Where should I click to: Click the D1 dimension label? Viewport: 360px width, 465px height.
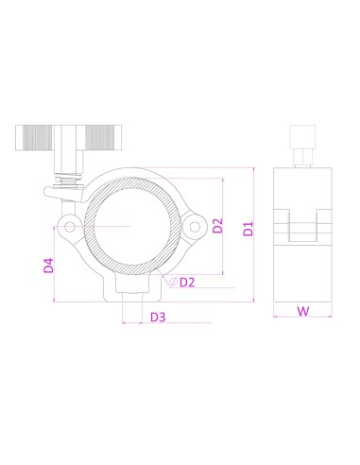249,229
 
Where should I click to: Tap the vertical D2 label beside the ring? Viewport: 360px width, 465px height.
217,226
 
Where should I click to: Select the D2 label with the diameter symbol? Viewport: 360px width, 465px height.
182,282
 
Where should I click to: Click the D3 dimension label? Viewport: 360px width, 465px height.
158,317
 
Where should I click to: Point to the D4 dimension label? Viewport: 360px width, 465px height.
48,266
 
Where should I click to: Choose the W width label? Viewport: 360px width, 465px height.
303,311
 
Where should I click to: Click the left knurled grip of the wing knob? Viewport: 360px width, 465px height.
34,138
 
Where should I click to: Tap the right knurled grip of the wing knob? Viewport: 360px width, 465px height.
103,138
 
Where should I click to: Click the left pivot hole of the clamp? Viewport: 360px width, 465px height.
70,226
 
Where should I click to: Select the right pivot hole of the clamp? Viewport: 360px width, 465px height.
195,227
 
